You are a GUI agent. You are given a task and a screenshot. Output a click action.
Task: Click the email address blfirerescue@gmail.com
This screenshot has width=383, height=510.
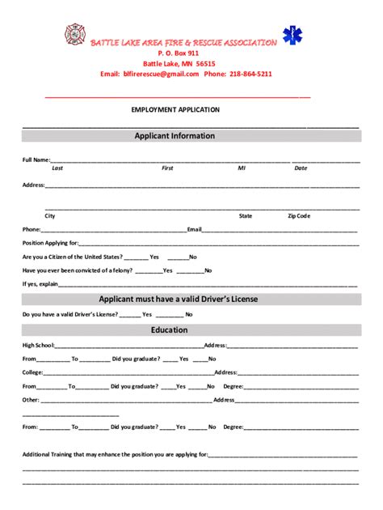tap(161, 74)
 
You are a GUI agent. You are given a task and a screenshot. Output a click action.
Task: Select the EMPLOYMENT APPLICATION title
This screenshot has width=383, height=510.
tap(175, 109)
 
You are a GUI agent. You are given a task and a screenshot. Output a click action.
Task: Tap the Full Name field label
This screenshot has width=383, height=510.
tap(36, 160)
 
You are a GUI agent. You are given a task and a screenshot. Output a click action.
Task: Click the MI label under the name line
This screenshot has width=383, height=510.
tap(241, 168)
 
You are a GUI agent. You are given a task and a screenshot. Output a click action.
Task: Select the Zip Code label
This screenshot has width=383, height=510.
tap(299, 216)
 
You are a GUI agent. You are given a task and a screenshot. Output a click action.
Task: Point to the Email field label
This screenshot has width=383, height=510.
tap(194, 230)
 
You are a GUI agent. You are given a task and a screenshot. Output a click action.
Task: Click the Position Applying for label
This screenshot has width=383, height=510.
tap(50, 243)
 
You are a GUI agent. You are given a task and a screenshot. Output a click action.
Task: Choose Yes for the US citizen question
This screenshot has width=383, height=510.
tap(154, 257)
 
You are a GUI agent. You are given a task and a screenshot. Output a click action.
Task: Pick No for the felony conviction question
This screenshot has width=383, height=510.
tap(208, 270)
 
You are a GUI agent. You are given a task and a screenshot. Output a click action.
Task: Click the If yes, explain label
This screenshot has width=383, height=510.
tap(40, 284)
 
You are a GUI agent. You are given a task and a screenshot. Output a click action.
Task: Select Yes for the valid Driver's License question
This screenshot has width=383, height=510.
tap(147, 314)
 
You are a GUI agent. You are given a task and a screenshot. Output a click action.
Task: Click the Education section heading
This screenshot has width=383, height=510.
tap(169, 330)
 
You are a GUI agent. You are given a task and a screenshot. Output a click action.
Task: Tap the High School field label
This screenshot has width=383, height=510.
tap(37, 345)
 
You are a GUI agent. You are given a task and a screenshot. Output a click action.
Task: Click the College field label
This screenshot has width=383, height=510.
tap(32, 372)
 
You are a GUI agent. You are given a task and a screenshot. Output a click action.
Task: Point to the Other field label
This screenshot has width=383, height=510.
tap(31, 400)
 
